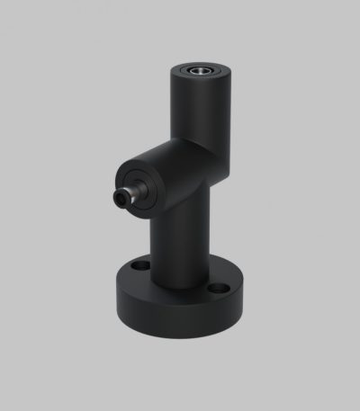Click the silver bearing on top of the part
(200, 69)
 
